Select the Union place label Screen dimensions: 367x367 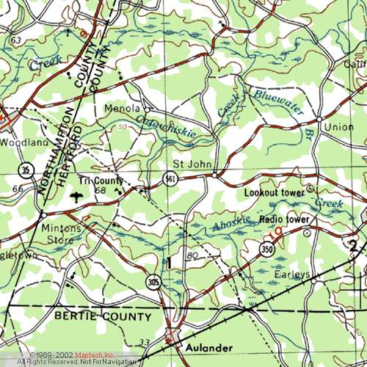pyautogui.click(x=339, y=126)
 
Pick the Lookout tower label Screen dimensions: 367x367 pyautogui.click(x=273, y=192)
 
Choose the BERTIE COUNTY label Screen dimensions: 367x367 pyautogui.click(x=103, y=316)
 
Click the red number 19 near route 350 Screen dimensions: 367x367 pyautogui.click(x=276, y=234)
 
